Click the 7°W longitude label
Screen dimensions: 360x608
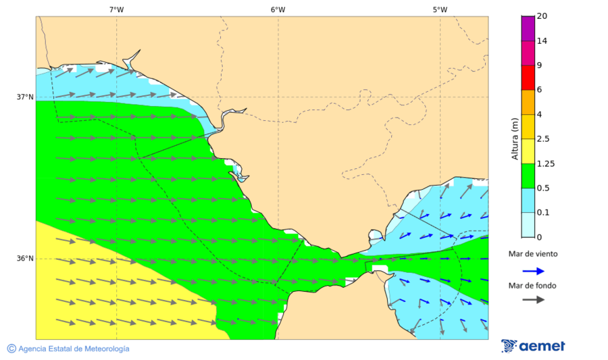[x=116, y=9]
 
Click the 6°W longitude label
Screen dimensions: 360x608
[x=278, y=9]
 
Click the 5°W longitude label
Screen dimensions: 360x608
[x=440, y=9]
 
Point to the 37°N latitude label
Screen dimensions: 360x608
[x=25, y=97]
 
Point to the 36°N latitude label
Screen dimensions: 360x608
[x=25, y=258]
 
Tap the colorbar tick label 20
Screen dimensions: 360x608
[x=541, y=16]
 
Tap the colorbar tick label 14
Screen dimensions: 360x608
[x=541, y=41]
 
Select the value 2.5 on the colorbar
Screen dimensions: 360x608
[x=543, y=139]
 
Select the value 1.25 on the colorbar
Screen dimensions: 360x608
[x=545, y=163]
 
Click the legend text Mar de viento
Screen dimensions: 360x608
[x=533, y=254]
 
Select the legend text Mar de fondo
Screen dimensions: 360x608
[x=533, y=286]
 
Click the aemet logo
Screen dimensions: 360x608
[x=533, y=346]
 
